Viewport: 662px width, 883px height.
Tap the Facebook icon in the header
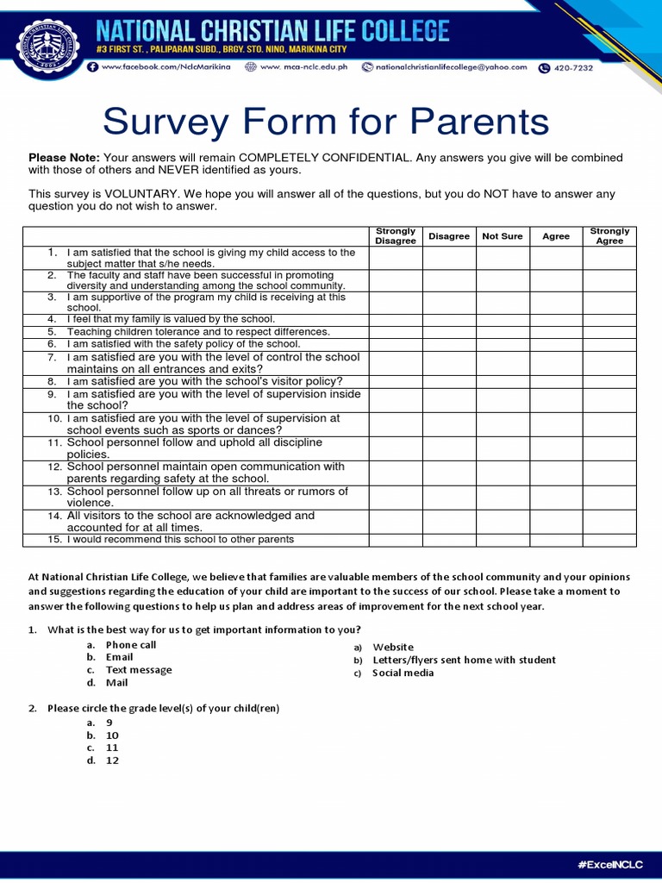click(92, 67)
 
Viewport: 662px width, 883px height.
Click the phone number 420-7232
click(573, 67)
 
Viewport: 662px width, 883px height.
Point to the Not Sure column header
click(503, 236)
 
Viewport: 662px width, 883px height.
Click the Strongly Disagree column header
click(396, 236)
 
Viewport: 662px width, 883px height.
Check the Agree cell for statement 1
click(556, 258)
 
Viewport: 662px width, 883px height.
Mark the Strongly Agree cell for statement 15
click(609, 540)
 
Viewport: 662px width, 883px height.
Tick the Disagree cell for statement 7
click(449, 363)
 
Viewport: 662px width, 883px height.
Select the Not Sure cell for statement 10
click(503, 424)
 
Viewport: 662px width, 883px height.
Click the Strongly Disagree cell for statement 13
click(396, 498)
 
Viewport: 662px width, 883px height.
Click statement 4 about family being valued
click(171, 319)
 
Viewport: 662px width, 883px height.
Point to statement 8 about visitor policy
click(204, 381)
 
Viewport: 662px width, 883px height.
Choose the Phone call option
click(131, 645)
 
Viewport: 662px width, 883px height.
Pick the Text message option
click(138, 670)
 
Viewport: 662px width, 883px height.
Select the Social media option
click(403, 673)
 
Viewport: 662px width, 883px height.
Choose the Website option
click(393, 647)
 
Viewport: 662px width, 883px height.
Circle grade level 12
click(112, 761)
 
